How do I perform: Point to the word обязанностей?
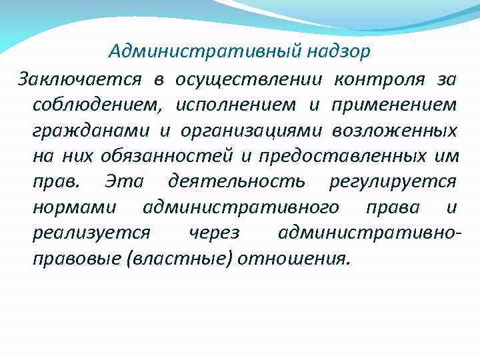click(167, 156)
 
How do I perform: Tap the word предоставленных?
click(339, 156)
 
